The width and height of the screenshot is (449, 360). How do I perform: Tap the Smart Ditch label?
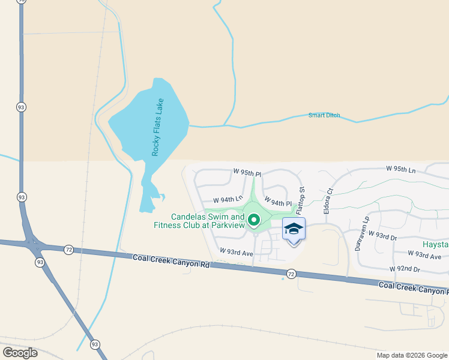point(324,115)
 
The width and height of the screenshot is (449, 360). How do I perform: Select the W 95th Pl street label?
point(247,173)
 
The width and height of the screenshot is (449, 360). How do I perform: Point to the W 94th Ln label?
point(228,199)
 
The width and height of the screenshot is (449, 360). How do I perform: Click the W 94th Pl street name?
point(278,203)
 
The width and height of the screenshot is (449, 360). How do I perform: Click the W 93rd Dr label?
point(383,235)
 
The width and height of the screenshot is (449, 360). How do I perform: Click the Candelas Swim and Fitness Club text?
point(208,221)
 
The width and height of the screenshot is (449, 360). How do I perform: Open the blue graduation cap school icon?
point(294,230)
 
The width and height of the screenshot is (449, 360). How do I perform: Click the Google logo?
point(20,353)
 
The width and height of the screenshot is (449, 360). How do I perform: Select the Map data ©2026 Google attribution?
point(412,355)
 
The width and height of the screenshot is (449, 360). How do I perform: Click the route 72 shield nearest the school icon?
point(291,274)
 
